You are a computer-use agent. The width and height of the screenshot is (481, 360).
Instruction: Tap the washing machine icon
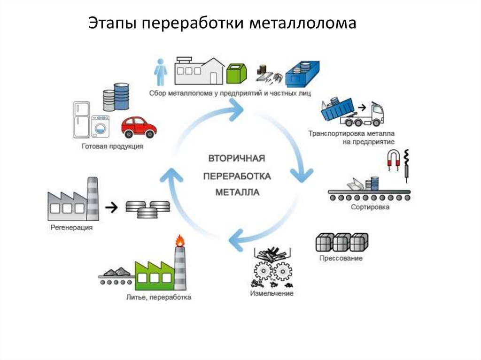[x=100, y=127]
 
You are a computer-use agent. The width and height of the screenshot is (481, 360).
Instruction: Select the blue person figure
[x=161, y=73]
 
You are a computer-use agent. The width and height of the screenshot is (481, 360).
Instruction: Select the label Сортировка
[x=370, y=207]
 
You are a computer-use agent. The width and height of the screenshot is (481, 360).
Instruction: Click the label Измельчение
[x=272, y=293]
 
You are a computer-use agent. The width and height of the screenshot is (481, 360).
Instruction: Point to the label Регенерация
[x=71, y=228]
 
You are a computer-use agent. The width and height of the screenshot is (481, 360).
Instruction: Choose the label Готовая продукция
[x=112, y=146]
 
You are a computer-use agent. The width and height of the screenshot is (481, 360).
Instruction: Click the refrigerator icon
[x=81, y=120]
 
